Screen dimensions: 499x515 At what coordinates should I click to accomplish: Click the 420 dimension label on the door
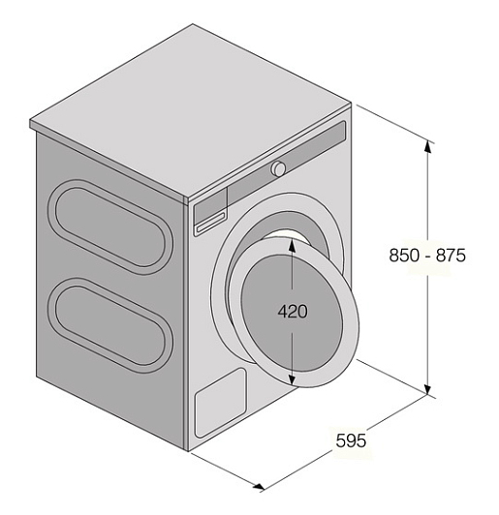coord(293,312)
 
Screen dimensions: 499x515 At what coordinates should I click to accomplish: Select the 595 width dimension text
coord(351,440)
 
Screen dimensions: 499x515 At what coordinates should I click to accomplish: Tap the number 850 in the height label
coord(404,255)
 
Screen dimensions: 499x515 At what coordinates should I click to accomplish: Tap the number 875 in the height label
coord(451,255)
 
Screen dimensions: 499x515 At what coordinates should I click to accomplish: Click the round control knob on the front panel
coord(278,168)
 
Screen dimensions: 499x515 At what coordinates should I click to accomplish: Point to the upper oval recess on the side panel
coord(110,227)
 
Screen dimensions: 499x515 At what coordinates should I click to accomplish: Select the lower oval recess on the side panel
coord(110,325)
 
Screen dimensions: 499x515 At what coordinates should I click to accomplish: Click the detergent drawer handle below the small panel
coord(210,222)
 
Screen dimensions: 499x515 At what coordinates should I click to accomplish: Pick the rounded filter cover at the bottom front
coord(221,403)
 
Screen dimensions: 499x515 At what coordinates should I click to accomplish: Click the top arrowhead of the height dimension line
coord(427,146)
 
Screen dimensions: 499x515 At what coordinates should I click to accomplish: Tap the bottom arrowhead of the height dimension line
coord(427,388)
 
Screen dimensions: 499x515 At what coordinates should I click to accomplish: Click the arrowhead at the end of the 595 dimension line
coord(259,486)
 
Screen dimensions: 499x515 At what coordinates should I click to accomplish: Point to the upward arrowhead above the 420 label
coord(292,245)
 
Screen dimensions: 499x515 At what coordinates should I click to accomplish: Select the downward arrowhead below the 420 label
coord(292,379)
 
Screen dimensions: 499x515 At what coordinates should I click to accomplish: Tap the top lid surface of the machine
coord(191,111)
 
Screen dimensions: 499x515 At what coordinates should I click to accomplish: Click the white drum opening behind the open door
coord(287,237)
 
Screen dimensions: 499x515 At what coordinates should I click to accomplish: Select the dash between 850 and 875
coord(427,257)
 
